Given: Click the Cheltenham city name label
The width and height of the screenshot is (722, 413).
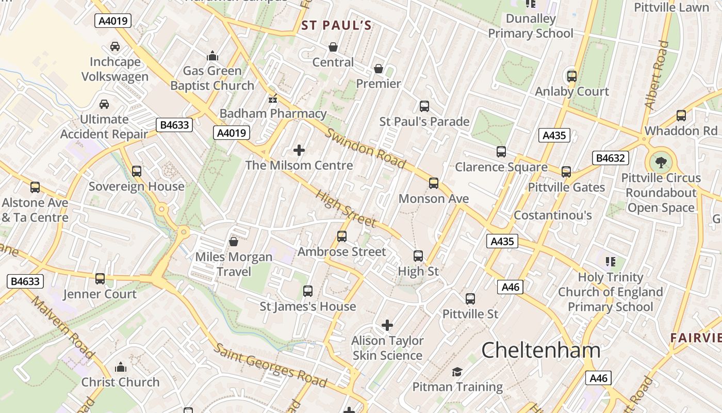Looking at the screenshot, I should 541,351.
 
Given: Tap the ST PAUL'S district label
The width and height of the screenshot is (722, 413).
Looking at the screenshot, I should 336,25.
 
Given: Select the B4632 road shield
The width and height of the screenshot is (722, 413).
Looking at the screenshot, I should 611,158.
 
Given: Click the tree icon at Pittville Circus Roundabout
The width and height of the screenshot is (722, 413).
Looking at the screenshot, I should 660,163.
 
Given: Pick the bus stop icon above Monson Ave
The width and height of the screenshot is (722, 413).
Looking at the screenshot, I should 434,183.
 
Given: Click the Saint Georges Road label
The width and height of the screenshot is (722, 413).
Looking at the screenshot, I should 270,366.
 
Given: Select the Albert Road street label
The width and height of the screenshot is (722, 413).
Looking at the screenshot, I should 657,75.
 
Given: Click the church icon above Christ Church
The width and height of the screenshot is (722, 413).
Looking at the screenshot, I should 121,367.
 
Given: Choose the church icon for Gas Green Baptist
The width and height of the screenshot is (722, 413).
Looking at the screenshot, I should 212,56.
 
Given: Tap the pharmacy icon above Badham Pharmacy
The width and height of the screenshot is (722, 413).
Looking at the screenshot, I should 273,98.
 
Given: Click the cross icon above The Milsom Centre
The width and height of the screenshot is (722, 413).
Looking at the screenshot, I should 299,150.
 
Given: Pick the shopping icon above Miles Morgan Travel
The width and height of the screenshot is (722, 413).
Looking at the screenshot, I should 234,242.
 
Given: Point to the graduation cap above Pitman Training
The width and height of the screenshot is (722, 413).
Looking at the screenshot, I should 457,372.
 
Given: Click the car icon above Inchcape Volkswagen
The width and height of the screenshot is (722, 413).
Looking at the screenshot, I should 115,46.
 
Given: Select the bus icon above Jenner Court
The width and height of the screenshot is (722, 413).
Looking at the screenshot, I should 100,279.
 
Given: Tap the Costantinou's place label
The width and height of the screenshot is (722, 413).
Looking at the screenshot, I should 553,215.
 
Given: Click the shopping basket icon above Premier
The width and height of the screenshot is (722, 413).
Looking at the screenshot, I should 379,69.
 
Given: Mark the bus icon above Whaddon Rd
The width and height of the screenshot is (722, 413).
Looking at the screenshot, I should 681,116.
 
